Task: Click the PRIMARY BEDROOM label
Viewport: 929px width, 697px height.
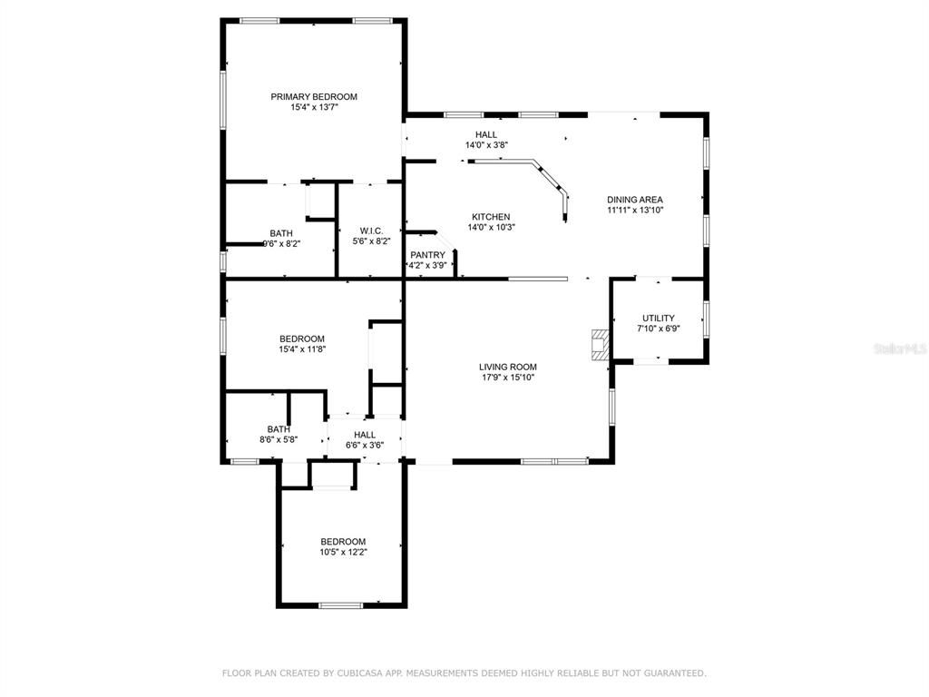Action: click(314, 96)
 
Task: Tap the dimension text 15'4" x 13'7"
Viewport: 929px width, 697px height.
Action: click(314, 107)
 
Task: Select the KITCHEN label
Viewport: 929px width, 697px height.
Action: click(491, 217)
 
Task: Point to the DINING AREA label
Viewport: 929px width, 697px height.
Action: click(634, 200)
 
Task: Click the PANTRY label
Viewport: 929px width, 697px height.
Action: click(428, 255)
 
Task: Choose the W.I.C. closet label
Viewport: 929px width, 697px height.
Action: click(371, 231)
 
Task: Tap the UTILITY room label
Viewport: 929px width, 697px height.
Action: click(659, 319)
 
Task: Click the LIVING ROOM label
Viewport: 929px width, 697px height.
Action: click(508, 367)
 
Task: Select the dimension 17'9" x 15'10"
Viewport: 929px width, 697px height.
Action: click(508, 378)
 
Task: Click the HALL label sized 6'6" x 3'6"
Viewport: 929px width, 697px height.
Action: click(365, 435)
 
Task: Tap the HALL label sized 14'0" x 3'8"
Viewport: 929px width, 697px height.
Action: click(486, 134)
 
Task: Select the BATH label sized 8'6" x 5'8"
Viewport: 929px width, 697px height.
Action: click(279, 429)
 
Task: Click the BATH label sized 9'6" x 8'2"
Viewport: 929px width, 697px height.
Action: click(281, 233)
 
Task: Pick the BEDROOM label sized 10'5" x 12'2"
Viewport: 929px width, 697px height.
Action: click(343, 541)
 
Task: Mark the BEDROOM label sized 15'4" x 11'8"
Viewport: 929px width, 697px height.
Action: click(302, 339)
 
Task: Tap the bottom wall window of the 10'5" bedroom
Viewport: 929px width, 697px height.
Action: click(341, 605)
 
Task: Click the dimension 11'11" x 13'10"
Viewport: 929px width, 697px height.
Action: click(634, 211)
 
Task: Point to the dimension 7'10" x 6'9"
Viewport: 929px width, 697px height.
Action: click(659, 329)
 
